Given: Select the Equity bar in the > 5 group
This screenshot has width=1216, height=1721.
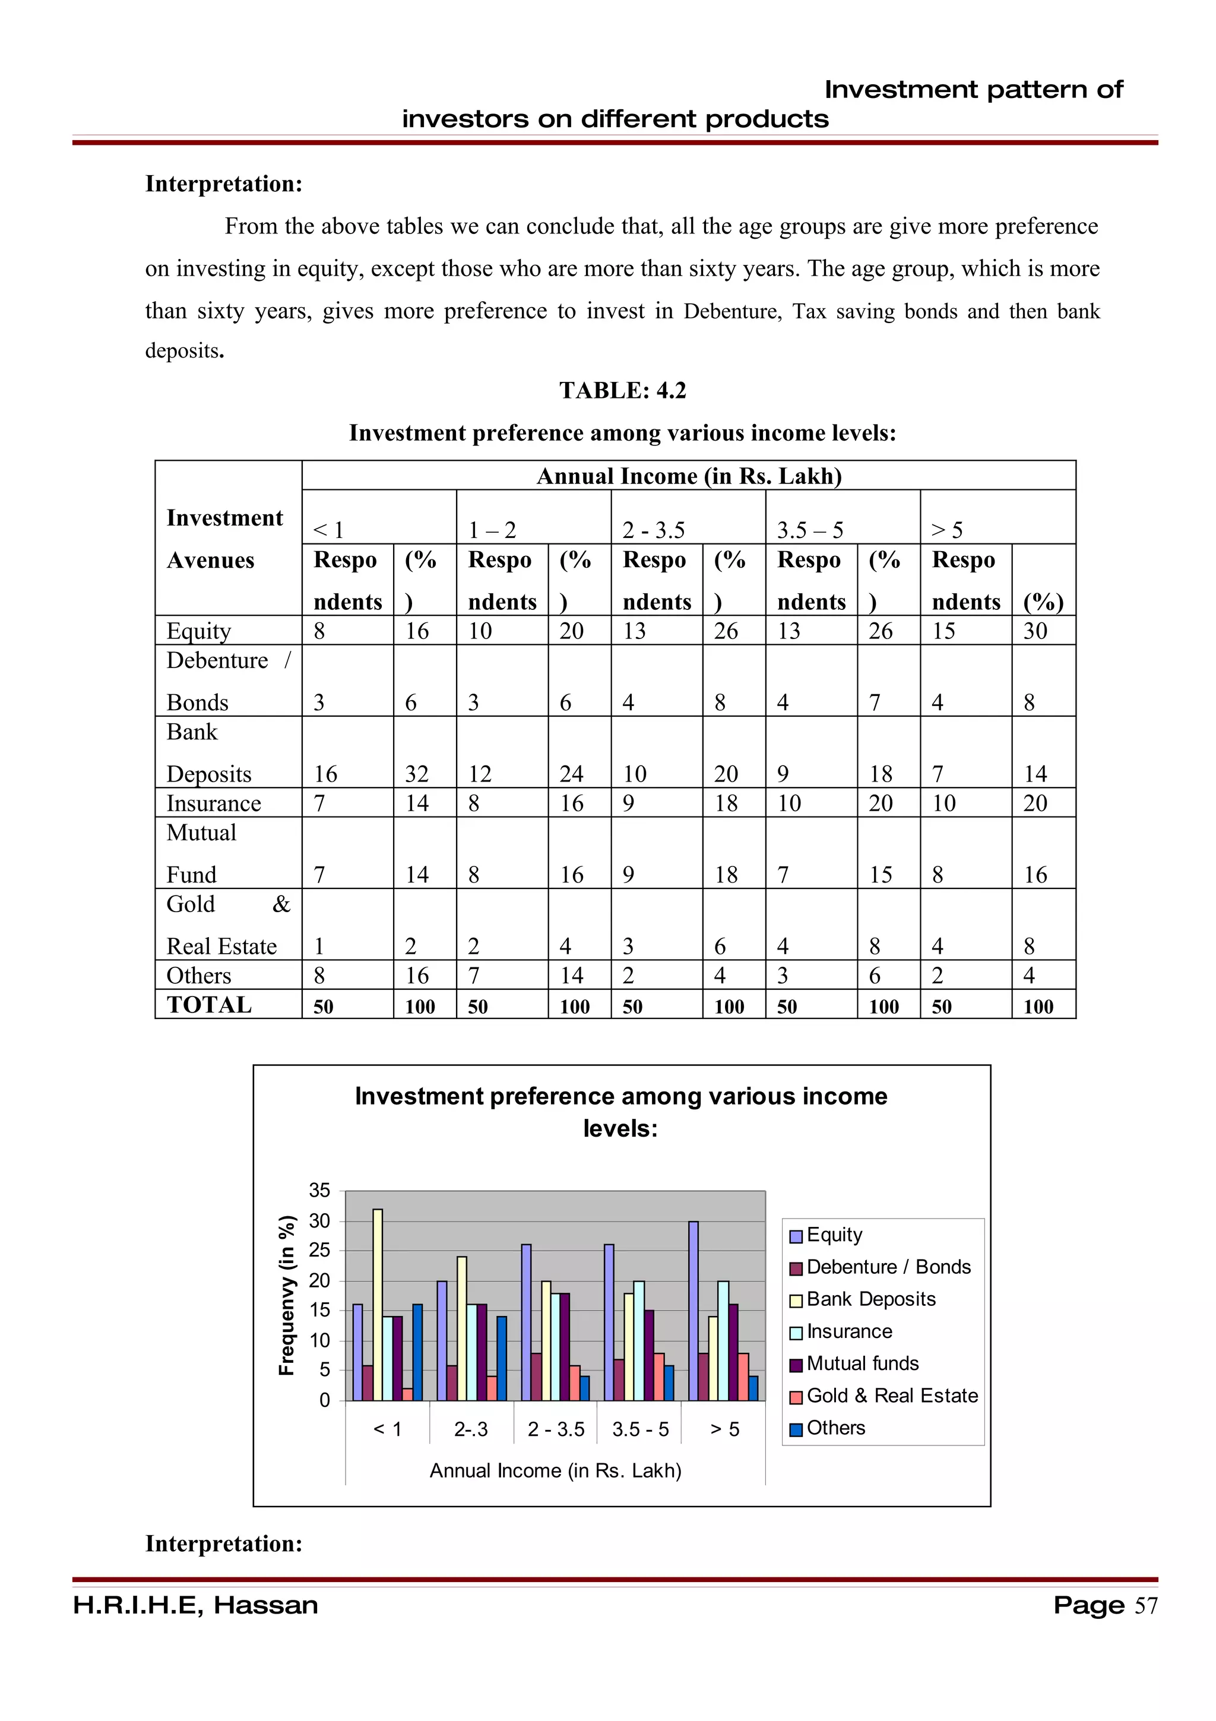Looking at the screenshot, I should (x=693, y=1311).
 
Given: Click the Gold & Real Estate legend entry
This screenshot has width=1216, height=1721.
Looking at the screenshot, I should (x=884, y=1396).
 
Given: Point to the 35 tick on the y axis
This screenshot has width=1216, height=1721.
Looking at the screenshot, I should (x=319, y=1190).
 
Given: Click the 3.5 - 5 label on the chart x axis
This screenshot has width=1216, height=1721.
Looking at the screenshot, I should (x=640, y=1429).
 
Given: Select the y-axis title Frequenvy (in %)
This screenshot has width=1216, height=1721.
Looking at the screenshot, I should (x=286, y=1295).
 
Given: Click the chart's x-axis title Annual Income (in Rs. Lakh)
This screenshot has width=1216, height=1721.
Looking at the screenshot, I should (x=555, y=1470).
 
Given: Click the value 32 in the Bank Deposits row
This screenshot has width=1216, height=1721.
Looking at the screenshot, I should (x=417, y=774).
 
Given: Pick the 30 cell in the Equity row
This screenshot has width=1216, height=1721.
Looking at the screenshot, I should (x=1035, y=631).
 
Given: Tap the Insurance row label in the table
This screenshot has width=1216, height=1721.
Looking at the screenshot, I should (x=214, y=803).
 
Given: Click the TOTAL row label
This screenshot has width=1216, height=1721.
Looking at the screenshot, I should (x=209, y=1005).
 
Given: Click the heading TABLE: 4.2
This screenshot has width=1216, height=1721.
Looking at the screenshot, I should (x=623, y=391).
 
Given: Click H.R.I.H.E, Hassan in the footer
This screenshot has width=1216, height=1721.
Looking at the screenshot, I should (x=195, y=1606).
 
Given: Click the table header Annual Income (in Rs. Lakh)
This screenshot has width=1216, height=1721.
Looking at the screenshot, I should (x=689, y=476).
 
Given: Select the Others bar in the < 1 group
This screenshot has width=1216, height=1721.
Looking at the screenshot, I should (x=417, y=1352).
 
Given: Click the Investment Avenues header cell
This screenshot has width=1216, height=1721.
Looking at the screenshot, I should (x=225, y=539).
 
